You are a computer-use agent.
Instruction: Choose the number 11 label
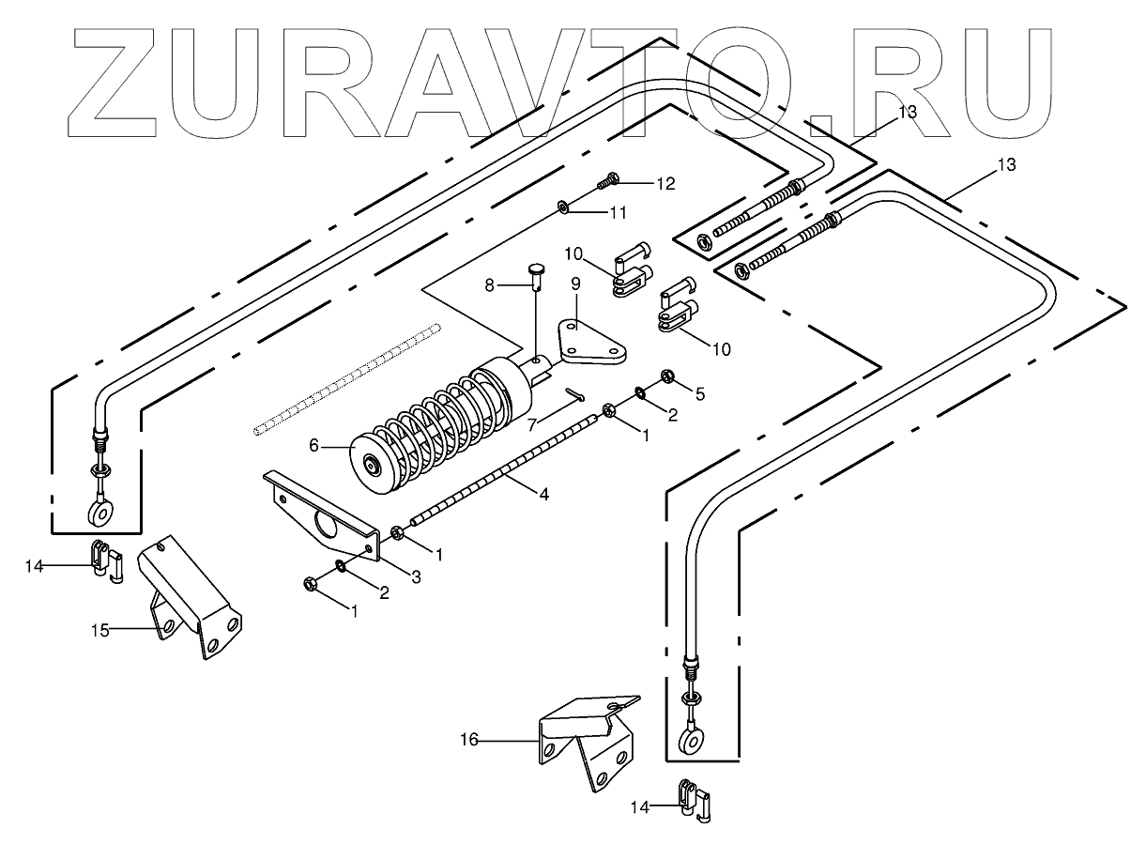(617, 213)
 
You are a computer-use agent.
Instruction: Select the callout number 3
(416, 579)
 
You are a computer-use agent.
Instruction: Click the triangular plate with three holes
(590, 342)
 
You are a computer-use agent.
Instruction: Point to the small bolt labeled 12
(610, 176)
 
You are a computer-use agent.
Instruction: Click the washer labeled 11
(563, 205)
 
